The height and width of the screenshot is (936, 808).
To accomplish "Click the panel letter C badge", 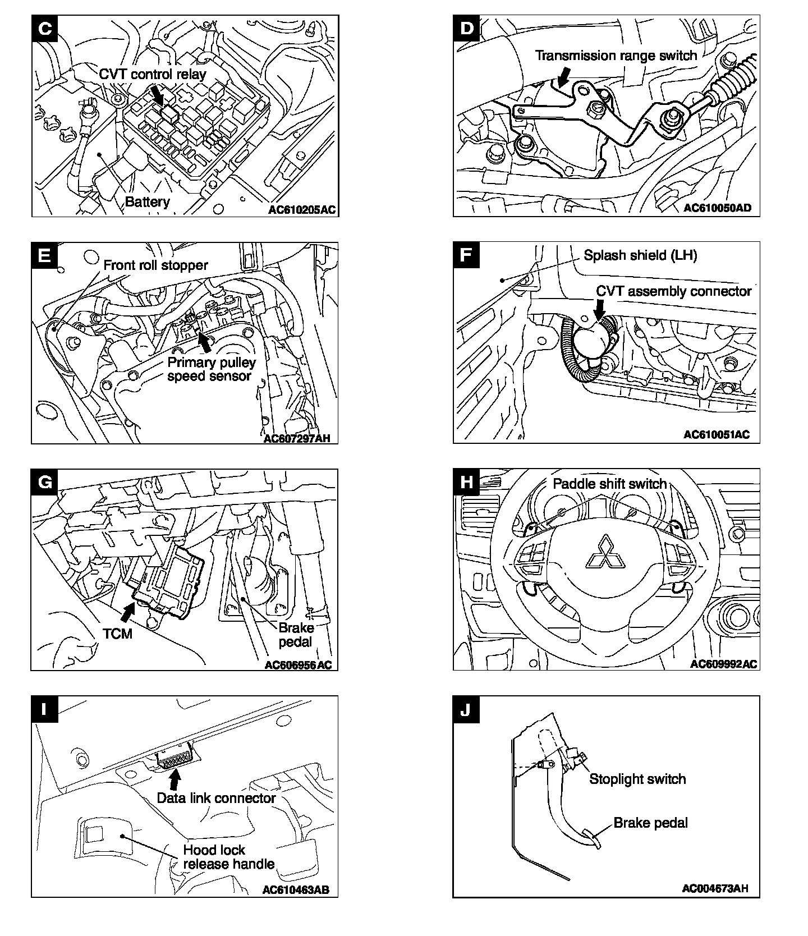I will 44,28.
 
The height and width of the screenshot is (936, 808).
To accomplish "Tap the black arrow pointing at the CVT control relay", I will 158,94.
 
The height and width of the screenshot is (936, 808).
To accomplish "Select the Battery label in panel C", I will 147,202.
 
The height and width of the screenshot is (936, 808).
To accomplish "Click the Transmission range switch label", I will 616,56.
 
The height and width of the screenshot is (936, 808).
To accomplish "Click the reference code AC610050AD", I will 717,208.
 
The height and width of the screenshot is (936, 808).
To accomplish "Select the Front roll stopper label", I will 155,265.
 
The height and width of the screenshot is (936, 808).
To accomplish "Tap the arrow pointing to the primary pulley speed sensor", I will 205,341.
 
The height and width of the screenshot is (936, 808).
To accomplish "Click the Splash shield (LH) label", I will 640,255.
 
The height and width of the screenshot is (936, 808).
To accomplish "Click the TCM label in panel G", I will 117,634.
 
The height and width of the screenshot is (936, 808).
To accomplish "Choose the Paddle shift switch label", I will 609,484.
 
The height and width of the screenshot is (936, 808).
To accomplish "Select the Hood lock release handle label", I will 228,857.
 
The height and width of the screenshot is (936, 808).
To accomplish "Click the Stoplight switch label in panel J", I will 637,779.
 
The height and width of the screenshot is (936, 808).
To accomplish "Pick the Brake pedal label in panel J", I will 650,823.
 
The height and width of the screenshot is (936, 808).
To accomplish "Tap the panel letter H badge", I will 466,481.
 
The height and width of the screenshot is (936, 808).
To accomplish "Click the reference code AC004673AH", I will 715,888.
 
